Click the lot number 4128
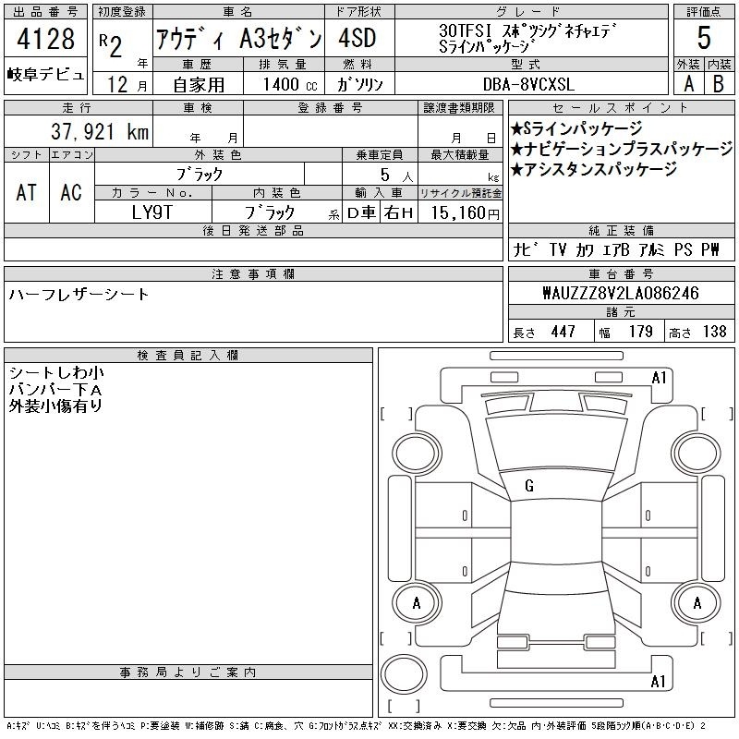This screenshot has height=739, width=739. (45, 39)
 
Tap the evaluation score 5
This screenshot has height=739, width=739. (704, 38)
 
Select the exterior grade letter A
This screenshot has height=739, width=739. (688, 84)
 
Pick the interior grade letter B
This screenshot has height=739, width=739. (719, 84)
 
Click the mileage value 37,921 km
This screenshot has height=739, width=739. (100, 131)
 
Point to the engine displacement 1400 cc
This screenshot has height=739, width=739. (290, 84)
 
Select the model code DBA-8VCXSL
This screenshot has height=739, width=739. (528, 84)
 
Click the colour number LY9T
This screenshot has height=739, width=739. (152, 212)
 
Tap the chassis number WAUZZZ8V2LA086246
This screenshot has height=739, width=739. (621, 293)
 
